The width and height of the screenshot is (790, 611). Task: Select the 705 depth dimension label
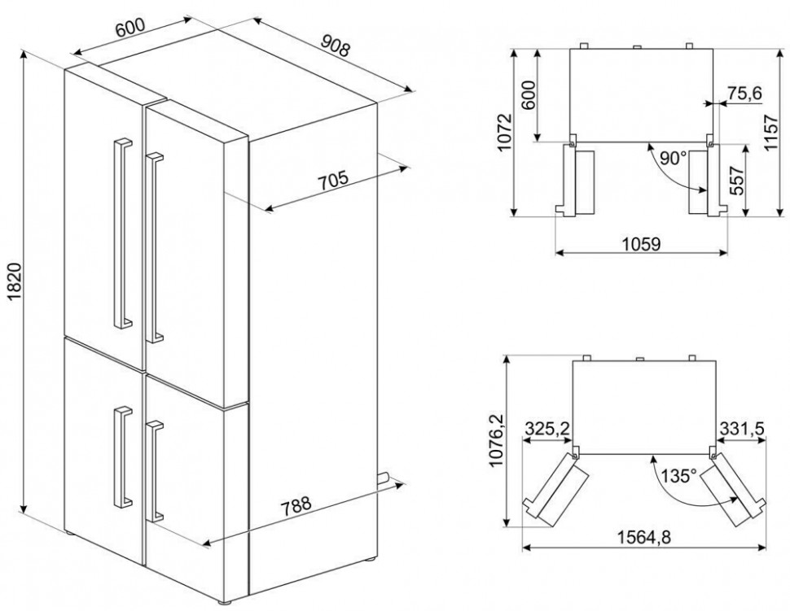[x=334, y=181]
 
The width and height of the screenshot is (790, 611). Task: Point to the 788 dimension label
[x=296, y=504]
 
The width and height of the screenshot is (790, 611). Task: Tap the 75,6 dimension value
[x=744, y=93]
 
